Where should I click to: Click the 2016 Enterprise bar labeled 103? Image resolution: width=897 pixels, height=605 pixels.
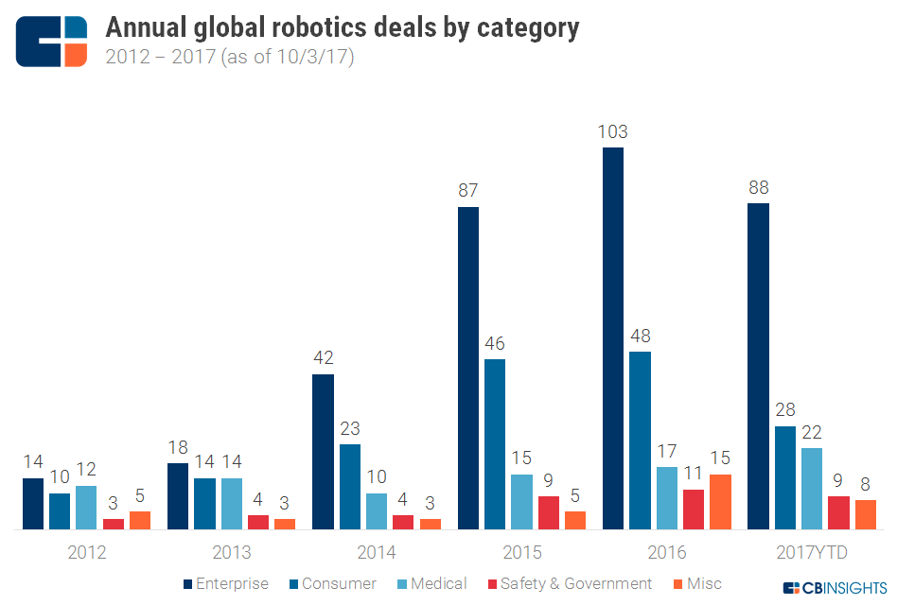[x=613, y=338]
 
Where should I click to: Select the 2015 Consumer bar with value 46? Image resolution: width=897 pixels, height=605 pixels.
[x=495, y=444]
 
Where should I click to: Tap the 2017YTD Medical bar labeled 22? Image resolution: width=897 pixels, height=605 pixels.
[x=811, y=488]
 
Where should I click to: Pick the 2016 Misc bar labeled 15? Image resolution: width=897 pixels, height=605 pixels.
[x=720, y=501]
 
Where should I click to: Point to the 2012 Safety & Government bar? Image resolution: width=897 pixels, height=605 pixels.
[x=114, y=524]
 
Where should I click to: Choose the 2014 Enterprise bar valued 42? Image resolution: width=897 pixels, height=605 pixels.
[x=323, y=452]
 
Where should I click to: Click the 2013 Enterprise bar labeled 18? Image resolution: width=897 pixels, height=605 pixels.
[x=178, y=496]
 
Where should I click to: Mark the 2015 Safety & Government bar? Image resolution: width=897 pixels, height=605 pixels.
[x=548, y=512]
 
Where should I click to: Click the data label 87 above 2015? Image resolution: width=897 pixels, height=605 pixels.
[x=468, y=190]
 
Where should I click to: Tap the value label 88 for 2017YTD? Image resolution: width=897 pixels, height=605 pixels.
[x=758, y=186]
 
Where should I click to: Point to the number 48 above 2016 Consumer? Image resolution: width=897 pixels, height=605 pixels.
[x=640, y=335]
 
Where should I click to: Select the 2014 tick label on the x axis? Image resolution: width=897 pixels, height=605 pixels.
[x=377, y=553]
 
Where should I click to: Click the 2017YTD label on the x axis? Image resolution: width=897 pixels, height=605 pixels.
[x=813, y=553]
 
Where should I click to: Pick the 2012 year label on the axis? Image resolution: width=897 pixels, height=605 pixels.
[x=87, y=553]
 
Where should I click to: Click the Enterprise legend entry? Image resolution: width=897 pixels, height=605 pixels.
[x=225, y=584]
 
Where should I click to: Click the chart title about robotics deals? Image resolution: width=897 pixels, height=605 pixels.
[x=342, y=27]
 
